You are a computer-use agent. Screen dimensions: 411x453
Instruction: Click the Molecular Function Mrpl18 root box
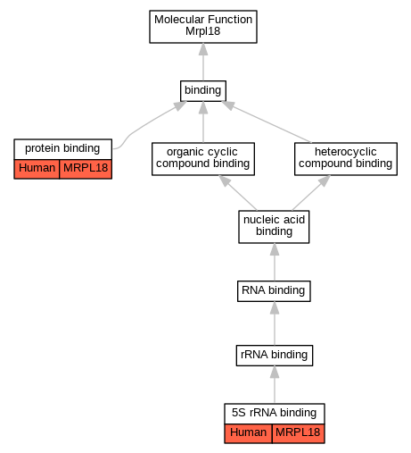tap(203, 27)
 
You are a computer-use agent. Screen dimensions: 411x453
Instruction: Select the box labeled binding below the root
tap(203, 90)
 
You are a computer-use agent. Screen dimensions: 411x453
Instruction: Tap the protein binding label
tap(62, 148)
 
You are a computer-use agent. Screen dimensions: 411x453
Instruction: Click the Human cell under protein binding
tap(37, 169)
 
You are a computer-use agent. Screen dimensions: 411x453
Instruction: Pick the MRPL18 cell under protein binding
tap(86, 169)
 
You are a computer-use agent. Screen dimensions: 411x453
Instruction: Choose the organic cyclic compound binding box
tap(203, 159)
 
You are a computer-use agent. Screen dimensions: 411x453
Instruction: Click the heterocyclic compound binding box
tap(346, 159)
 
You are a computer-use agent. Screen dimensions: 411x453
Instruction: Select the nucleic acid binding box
tap(274, 227)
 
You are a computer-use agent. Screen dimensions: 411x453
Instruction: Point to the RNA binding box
tap(274, 291)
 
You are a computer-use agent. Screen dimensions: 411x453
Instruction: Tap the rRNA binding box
tap(275, 356)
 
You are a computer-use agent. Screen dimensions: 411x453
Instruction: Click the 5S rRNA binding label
tap(275, 413)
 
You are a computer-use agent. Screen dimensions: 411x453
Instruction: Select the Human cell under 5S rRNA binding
tap(248, 433)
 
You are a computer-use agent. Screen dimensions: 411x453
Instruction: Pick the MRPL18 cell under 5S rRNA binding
tap(298, 433)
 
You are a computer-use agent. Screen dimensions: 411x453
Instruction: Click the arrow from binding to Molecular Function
tap(203, 62)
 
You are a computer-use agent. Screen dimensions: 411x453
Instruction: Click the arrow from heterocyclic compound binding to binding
tap(266, 122)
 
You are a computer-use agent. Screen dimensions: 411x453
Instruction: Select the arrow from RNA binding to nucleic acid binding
tap(275, 262)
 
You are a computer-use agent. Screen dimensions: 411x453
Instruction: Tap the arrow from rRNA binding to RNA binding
tap(275, 323)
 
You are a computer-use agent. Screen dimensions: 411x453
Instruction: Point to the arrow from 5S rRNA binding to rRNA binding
tap(275, 384)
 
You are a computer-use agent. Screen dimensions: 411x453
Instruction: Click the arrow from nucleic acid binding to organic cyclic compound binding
tap(237, 193)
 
